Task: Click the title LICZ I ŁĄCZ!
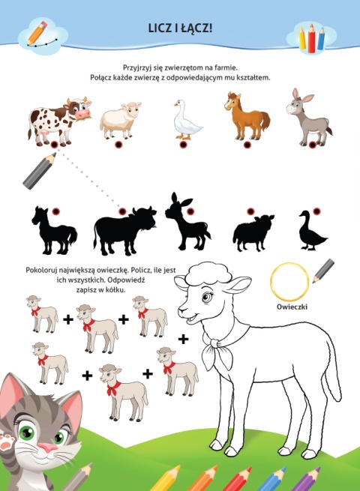(180, 28)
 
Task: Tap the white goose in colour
(187, 120)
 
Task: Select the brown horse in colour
(247, 116)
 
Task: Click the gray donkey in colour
(308, 117)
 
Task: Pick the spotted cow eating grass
(59, 121)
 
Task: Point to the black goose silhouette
(312, 230)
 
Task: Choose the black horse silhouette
(54, 230)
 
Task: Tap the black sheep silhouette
(253, 233)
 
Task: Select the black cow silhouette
(124, 231)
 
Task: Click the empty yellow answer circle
(289, 281)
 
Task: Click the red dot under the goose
(183, 145)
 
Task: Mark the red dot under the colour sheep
(118, 145)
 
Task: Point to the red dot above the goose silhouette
(316, 211)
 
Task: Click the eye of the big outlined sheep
(207, 296)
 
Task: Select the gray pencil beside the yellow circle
(323, 271)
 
